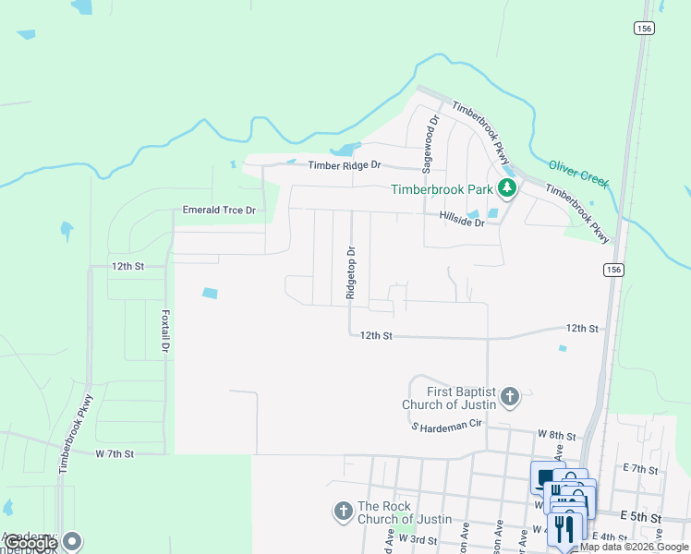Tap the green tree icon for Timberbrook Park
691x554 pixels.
506,189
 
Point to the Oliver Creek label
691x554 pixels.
579,174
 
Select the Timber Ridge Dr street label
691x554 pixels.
345,165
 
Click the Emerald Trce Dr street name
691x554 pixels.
218,211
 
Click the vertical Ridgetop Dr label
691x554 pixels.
350,272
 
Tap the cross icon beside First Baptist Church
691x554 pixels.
509,398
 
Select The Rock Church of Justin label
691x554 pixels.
405,512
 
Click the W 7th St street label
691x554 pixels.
115,454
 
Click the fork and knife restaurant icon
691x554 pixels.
564,529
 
